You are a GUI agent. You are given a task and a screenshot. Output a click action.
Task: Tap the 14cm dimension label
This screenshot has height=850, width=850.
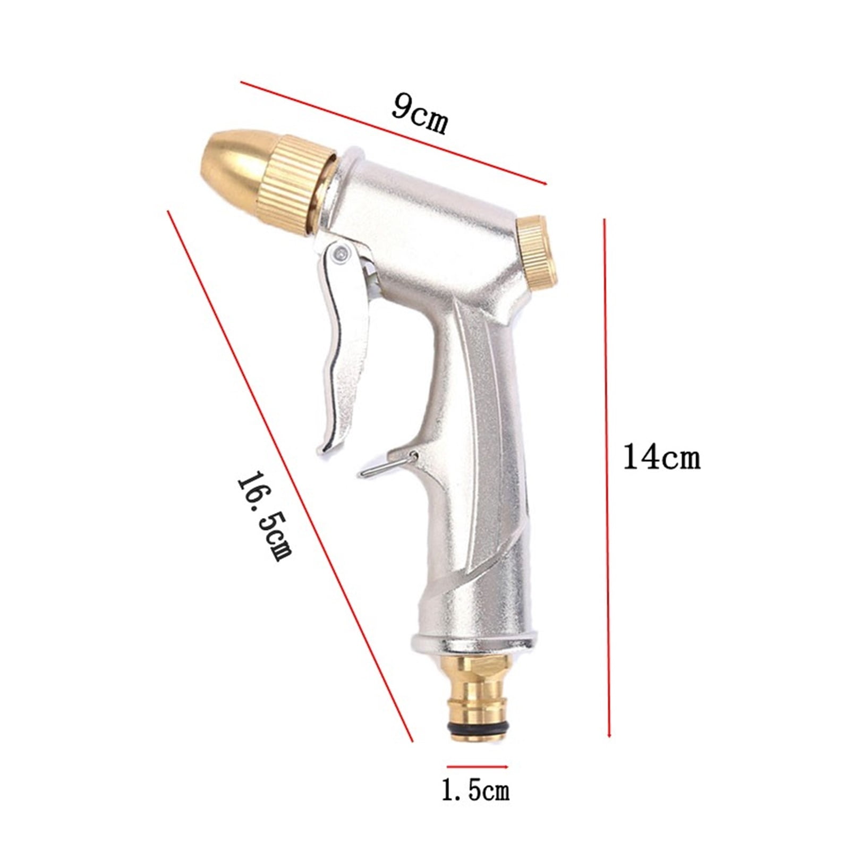661,457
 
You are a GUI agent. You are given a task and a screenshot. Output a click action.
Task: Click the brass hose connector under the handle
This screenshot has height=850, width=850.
474,691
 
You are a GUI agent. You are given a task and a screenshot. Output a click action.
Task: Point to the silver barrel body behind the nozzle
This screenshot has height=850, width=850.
425,212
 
